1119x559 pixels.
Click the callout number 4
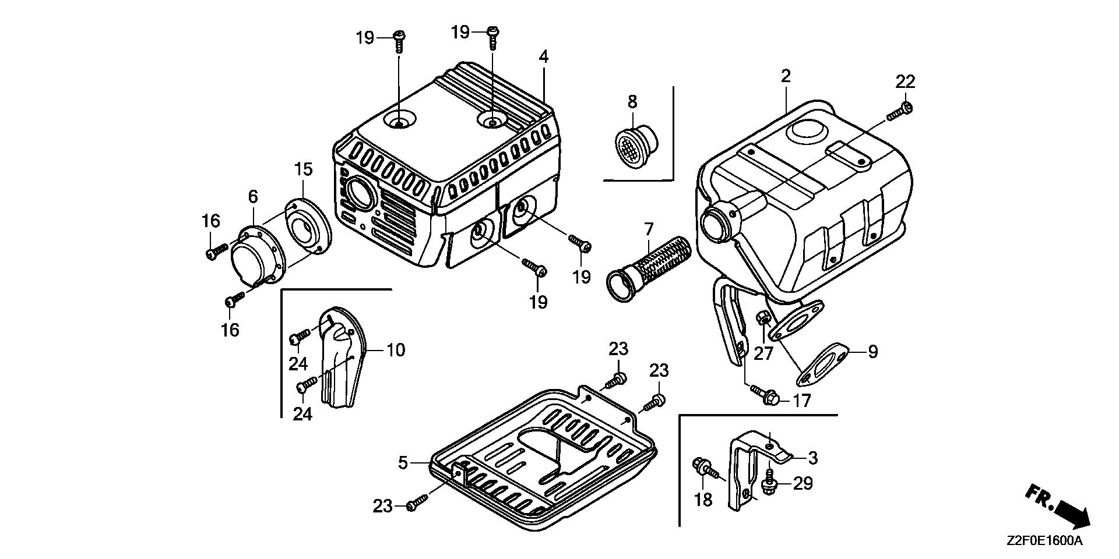543,57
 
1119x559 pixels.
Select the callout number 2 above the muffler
786,76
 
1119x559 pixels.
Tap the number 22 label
906,82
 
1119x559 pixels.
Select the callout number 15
303,169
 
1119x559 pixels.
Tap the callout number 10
396,351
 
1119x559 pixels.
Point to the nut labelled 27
763,319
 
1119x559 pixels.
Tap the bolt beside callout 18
706,468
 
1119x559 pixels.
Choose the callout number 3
812,458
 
